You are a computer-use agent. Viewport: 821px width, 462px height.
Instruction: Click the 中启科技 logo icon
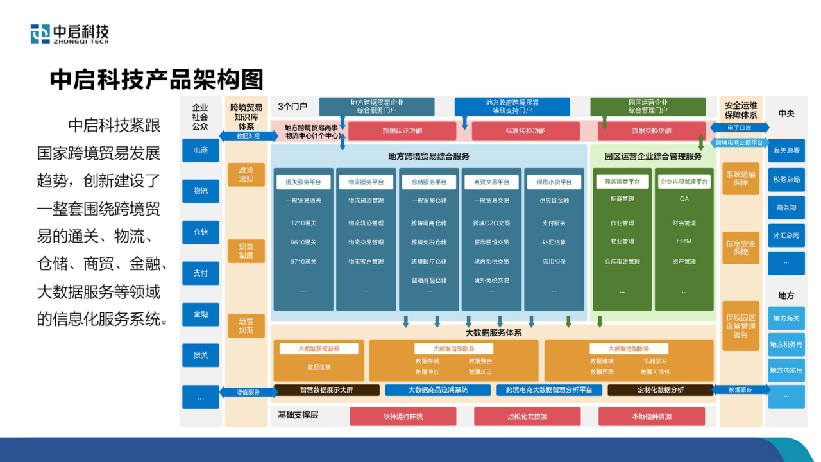40,33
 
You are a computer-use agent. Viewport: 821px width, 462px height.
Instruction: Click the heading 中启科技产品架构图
157,80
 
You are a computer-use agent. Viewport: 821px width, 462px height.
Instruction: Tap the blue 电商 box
200,150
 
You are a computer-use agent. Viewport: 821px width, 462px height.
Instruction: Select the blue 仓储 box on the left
200,232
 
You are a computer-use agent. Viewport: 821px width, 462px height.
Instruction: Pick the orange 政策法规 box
246,175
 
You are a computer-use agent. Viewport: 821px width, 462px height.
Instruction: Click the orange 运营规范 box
246,326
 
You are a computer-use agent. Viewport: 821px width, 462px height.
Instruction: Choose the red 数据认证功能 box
402,131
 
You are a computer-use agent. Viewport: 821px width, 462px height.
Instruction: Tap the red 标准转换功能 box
525,131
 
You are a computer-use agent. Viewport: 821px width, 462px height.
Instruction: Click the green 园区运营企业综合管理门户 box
647,107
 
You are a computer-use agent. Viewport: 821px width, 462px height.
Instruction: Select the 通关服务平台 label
303,182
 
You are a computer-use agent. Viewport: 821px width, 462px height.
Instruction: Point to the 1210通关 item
303,223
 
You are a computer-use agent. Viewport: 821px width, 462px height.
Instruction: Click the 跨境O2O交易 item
491,223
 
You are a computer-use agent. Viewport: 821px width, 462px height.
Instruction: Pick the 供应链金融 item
554,200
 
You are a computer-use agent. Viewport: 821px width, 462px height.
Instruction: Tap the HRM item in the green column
684,241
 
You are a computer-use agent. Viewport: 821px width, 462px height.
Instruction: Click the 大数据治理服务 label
453,348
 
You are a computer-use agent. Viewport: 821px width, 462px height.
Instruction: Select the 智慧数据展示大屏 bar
326,389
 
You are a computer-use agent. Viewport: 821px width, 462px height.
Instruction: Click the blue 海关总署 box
786,151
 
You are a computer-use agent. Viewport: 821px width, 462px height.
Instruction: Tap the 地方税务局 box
786,345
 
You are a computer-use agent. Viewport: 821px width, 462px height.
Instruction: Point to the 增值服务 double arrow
248,392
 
